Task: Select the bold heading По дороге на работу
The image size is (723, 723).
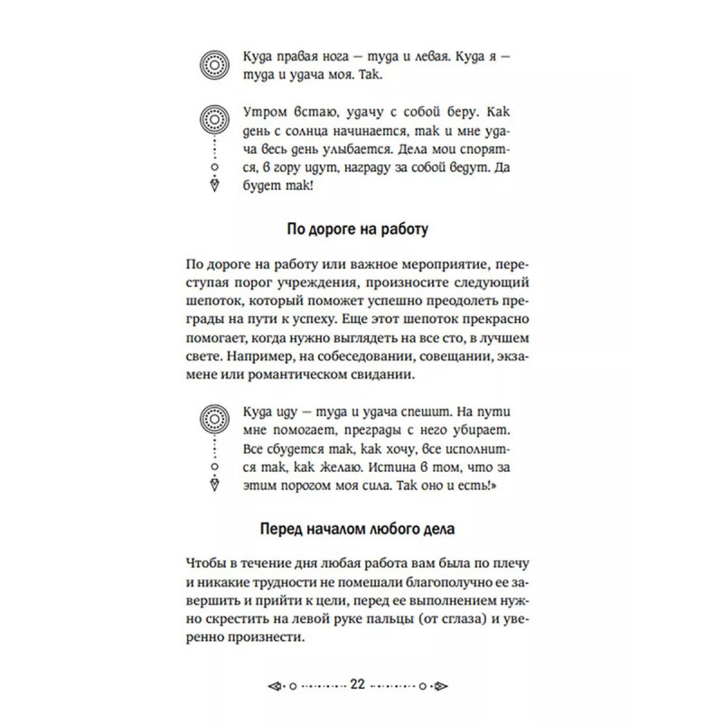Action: (x=361, y=229)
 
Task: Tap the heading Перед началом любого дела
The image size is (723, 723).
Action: (x=361, y=530)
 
